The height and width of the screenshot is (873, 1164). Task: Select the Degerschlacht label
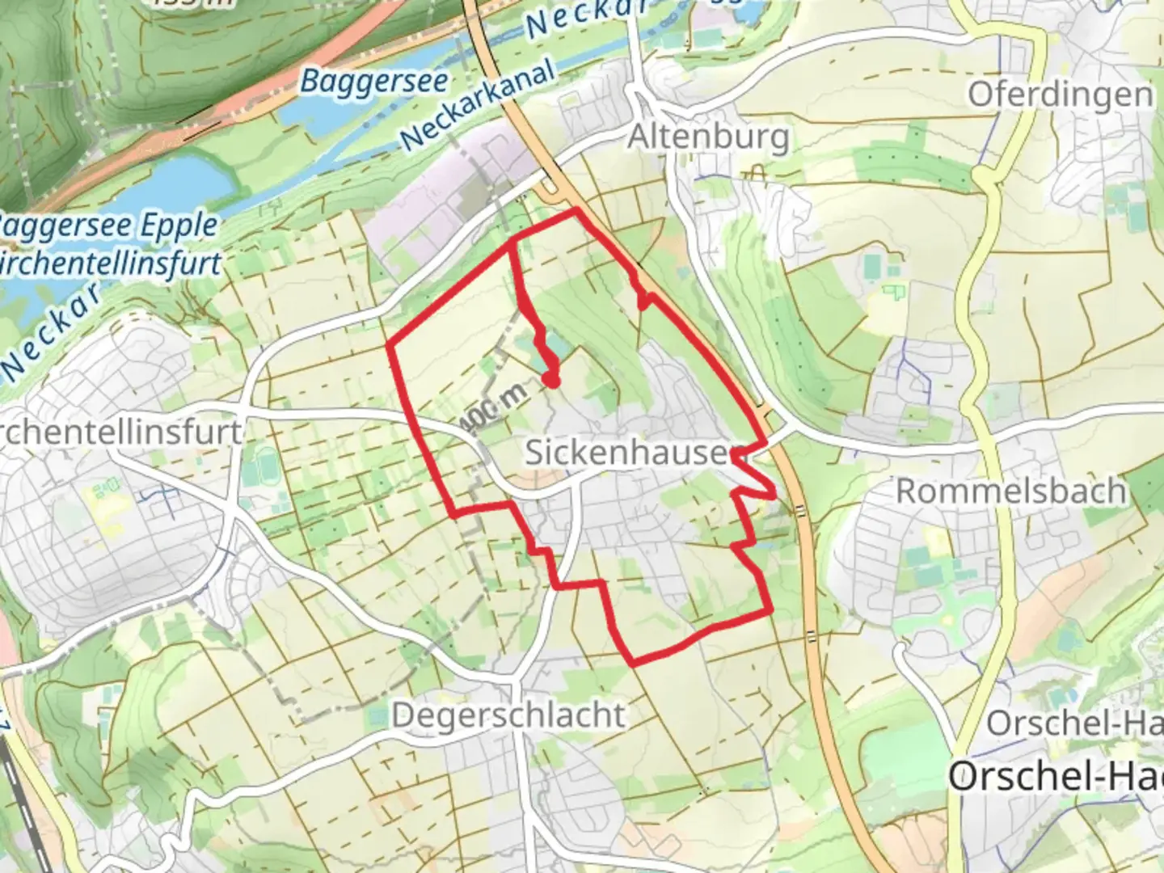point(508,715)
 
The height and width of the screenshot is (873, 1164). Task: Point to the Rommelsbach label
point(1010,491)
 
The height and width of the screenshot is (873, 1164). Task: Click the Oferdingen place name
point(1060,95)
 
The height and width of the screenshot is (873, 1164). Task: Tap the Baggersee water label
point(373,81)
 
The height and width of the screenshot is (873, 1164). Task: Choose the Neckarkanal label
point(479,105)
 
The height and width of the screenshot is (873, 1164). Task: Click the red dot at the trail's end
point(551,379)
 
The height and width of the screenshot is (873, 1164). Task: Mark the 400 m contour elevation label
point(495,408)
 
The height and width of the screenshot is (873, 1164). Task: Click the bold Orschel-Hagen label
point(1055,777)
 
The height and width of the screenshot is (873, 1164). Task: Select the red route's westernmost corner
point(390,346)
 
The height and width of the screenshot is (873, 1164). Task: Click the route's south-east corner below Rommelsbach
point(769,612)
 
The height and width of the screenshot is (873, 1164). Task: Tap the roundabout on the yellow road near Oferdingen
point(983,175)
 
